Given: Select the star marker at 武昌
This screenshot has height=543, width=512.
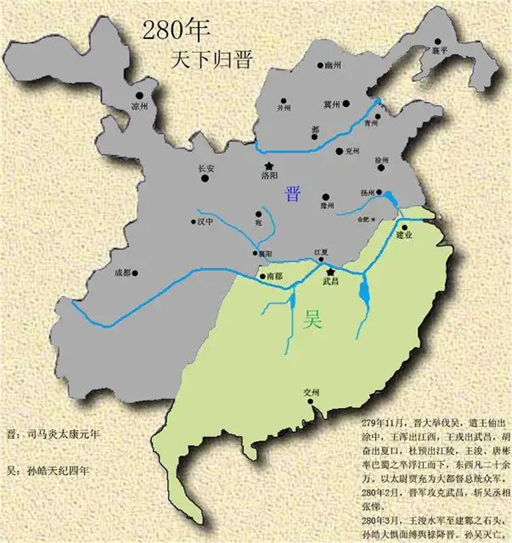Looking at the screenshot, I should click(x=331, y=272).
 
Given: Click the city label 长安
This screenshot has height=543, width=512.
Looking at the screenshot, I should click(x=205, y=168).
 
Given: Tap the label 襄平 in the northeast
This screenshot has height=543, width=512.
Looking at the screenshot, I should click(x=440, y=51).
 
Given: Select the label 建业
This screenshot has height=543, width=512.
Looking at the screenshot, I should click(x=404, y=235).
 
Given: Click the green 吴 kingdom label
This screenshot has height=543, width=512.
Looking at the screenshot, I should click(x=313, y=320).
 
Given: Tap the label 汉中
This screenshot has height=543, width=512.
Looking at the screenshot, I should click(x=204, y=222).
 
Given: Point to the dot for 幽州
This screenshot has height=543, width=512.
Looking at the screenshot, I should click(x=320, y=65).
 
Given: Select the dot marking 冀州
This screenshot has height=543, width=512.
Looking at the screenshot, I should click(x=346, y=104).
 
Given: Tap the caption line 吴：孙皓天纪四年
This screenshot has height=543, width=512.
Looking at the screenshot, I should click(x=48, y=471).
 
